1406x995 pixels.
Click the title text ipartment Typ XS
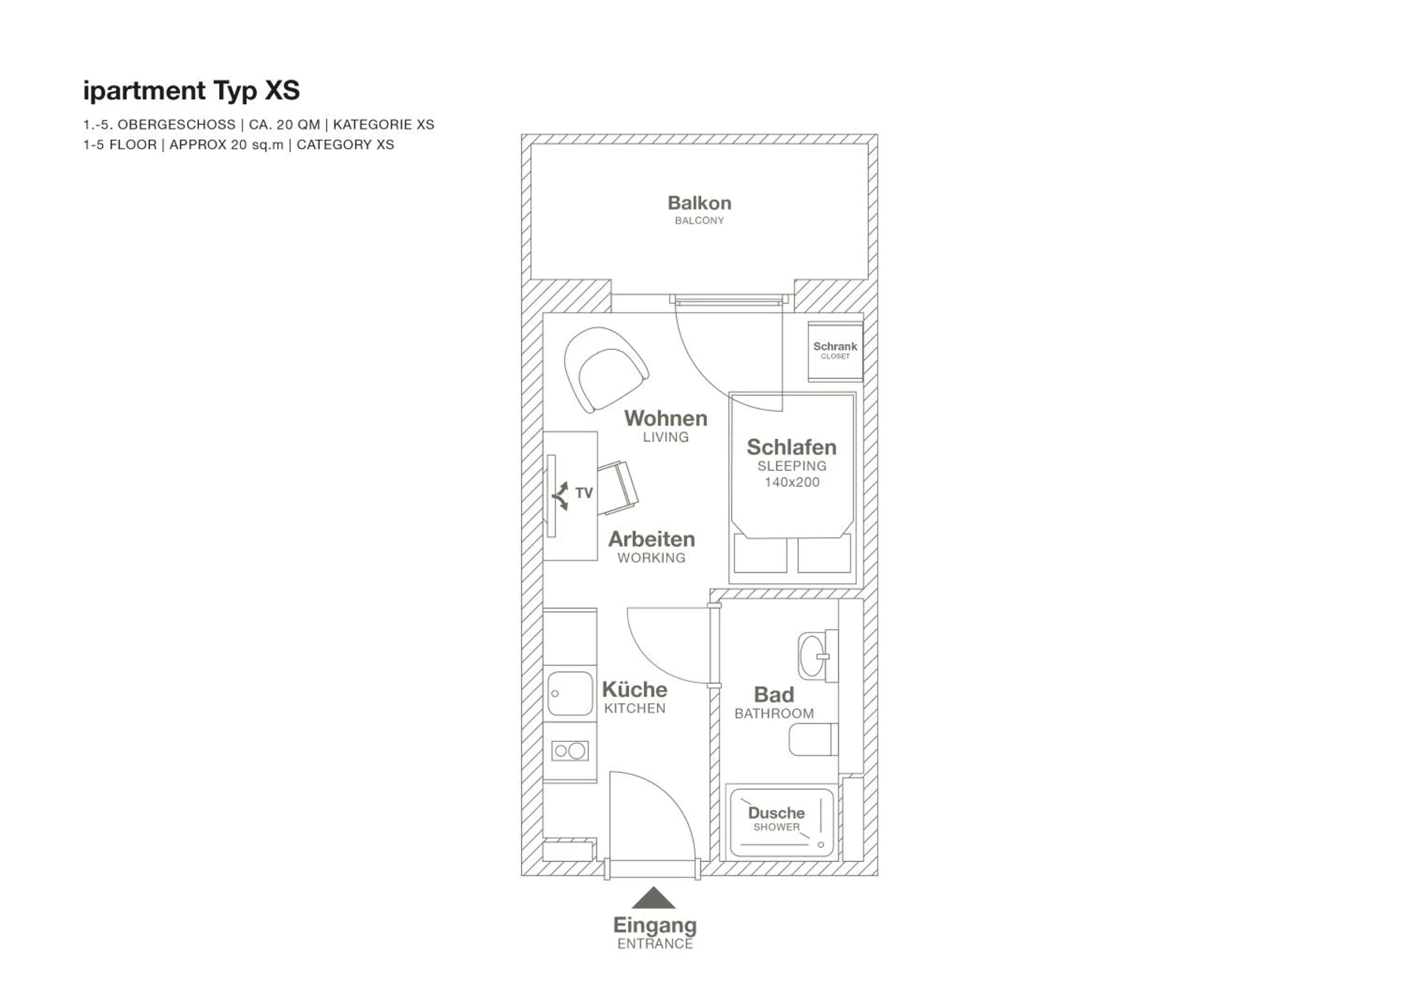tap(191, 90)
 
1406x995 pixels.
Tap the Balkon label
tap(699, 203)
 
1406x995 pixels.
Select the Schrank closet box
tap(835, 351)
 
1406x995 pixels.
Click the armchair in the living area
tap(605, 369)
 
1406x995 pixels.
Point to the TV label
tap(583, 493)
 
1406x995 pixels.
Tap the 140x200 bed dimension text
tap(791, 482)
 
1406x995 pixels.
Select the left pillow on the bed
tap(760, 553)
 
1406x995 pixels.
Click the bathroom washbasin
tap(813, 656)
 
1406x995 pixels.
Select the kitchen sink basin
tap(569, 693)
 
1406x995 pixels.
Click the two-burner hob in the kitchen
tap(569, 751)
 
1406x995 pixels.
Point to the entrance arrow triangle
tap(653, 898)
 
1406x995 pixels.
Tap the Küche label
tap(635, 690)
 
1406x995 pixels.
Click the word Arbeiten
tap(651, 539)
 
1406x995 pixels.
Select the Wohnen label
tap(666, 418)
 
